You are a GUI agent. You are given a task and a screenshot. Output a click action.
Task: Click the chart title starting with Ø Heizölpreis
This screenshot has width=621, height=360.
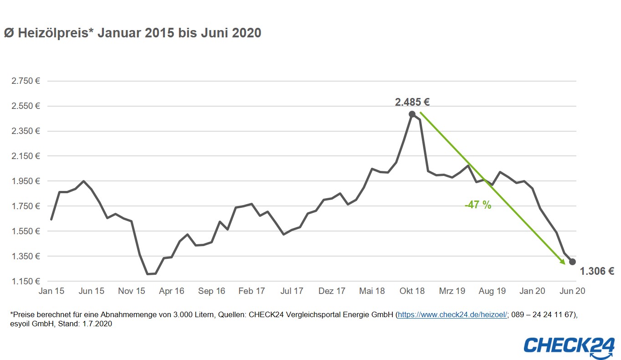[x=133, y=33]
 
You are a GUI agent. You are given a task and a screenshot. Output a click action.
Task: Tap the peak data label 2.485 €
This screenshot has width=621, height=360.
[x=412, y=102]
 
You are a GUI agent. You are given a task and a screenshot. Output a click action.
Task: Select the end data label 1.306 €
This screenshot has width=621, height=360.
[x=597, y=272]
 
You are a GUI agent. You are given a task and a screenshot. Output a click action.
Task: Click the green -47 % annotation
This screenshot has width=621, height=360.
[x=478, y=205]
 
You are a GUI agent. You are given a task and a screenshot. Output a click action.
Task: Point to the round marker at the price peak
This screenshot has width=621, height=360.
[x=412, y=114]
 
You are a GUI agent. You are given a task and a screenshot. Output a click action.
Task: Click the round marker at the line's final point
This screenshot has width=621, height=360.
[x=572, y=262]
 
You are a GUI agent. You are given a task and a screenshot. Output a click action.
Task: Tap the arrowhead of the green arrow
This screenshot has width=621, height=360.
[x=563, y=262]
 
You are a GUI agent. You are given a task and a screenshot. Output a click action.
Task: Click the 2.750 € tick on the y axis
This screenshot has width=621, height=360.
[x=26, y=81]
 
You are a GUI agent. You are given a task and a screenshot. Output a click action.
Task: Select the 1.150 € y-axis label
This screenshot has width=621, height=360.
[x=26, y=281]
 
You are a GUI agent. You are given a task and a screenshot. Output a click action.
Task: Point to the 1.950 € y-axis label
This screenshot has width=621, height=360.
[x=26, y=181]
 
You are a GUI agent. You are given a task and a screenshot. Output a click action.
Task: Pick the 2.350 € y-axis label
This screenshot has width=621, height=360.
[x=26, y=131]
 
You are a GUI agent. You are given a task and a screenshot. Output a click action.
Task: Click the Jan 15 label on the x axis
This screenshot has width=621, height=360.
[x=51, y=291]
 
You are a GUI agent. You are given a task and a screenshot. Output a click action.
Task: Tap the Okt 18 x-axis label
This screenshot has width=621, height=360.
[x=412, y=291]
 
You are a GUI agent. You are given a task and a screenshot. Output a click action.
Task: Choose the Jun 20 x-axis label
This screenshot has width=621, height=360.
[x=572, y=291]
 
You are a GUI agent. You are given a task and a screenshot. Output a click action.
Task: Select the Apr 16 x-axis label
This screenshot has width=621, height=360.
[x=171, y=291]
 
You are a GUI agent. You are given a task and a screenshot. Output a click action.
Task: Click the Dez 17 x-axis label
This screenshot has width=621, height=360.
[x=332, y=291]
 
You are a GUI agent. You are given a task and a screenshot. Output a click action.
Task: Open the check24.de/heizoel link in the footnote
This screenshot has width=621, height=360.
[x=452, y=315]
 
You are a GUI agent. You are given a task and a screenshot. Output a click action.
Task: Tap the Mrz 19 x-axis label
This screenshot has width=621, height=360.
[x=452, y=291]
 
